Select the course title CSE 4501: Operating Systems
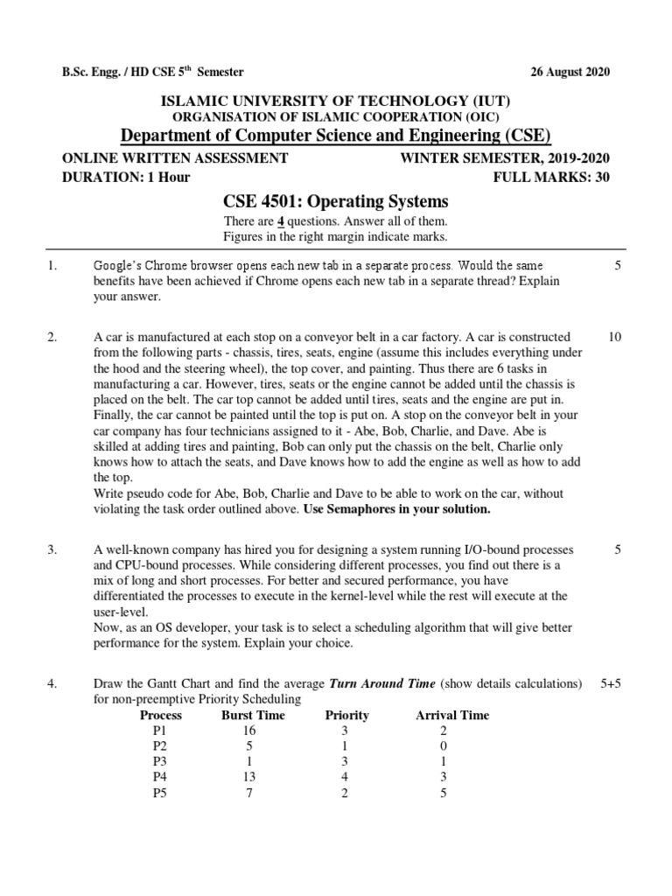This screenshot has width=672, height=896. [335, 201]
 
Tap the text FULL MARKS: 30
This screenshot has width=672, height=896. [552, 177]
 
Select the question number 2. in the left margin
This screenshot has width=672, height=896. [52, 337]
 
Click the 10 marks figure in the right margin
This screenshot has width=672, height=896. [614, 337]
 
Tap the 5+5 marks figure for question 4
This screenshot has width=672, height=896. [611, 682]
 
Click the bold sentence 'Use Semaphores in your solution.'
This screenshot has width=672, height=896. [396, 508]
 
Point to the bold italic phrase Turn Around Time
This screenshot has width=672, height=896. [382, 682]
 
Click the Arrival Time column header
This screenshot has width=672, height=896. [451, 715]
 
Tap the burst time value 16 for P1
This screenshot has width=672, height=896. [249, 731]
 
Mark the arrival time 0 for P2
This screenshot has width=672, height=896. [444, 746]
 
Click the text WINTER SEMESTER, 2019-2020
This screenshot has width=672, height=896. [505, 158]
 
